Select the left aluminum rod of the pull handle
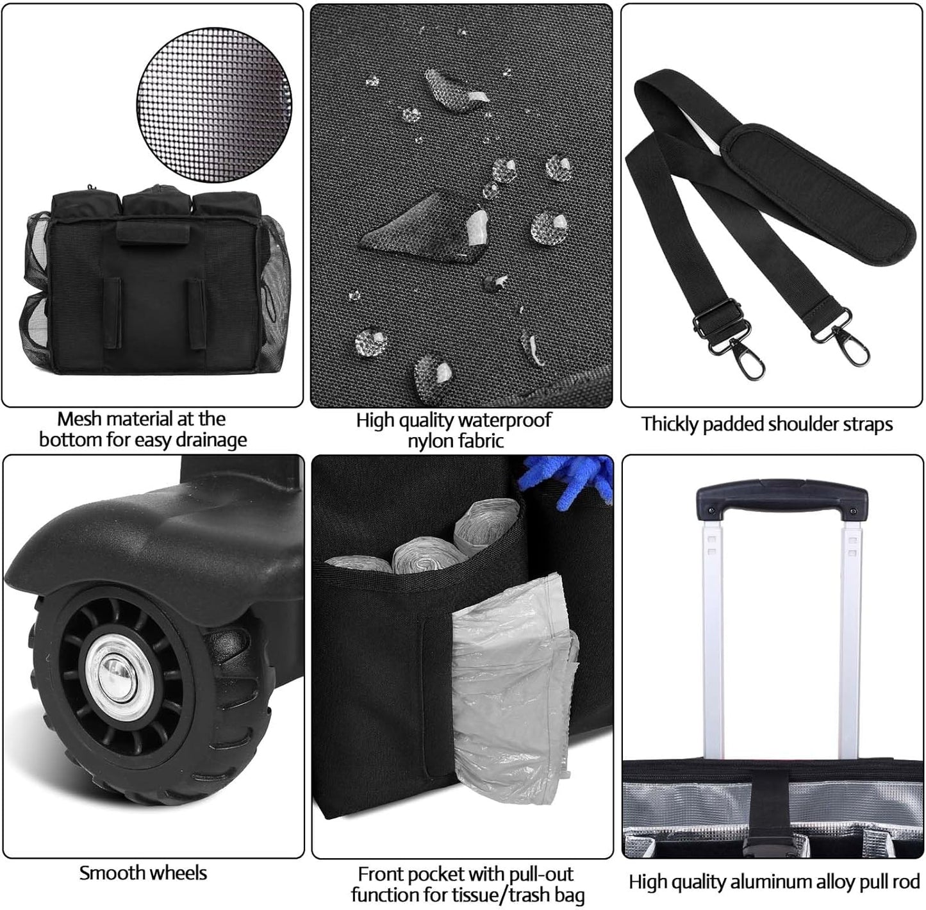pos(713,634)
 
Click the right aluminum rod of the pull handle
pos(850,634)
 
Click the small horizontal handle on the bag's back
pos(154,233)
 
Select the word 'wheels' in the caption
pos(179,873)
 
